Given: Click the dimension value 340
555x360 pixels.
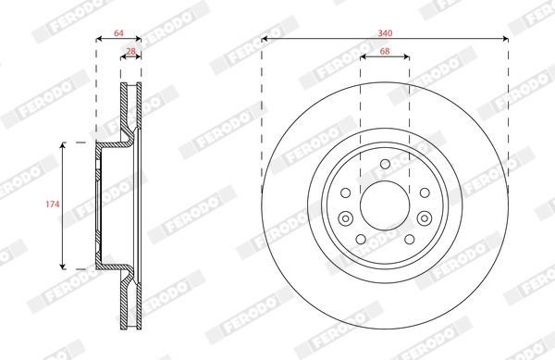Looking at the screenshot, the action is pos(385,33).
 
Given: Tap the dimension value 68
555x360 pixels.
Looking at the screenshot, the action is pos(385,51).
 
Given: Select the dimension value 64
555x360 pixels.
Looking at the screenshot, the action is pos(118,33).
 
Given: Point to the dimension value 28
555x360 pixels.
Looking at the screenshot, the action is pos(131,51).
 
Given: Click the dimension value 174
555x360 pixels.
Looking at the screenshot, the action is pos(53,205).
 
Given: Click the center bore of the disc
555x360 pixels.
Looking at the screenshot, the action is pos(385,205).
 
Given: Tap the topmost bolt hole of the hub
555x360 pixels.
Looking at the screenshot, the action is pos(385,164).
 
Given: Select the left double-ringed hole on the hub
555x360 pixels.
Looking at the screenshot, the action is pos(345,218).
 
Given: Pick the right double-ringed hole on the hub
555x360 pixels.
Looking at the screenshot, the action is pos(425,218).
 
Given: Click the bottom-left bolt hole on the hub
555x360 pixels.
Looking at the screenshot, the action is pos(361,240).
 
